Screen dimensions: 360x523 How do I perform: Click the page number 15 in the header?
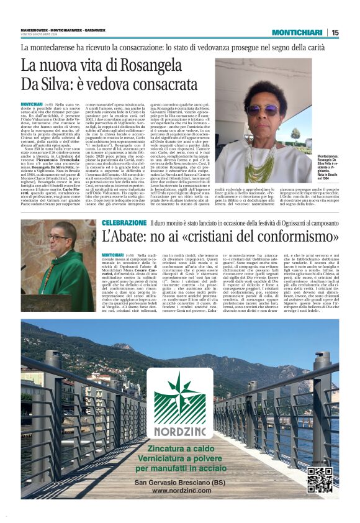coord(335,32)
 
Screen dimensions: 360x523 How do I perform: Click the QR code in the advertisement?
coord(320,479)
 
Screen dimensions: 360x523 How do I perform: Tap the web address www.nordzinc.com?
coord(180,491)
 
